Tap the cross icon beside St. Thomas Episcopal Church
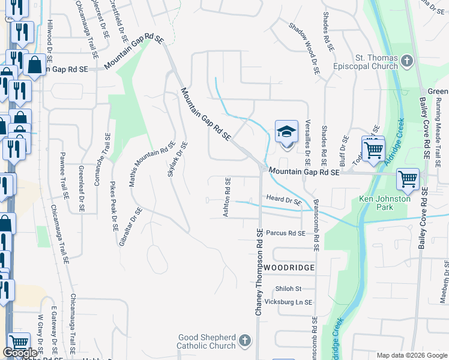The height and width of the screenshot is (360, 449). pos(407,61)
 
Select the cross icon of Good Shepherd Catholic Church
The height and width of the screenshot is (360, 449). pos(244,341)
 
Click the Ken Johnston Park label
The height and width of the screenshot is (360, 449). pos(385,203)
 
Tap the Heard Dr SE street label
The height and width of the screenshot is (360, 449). pos(283,200)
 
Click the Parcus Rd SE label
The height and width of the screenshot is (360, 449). pos(286,233)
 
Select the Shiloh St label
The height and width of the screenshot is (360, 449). pos(288,289)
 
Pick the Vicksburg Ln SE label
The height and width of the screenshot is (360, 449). pos(289,302)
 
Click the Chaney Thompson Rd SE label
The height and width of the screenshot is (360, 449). pos(259,272)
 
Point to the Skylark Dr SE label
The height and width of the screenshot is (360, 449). pos(178,160)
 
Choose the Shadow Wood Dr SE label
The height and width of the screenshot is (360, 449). pos(304,48)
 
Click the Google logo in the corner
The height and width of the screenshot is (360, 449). pos(20,353)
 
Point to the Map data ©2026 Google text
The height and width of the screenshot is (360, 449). pos(411,355)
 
